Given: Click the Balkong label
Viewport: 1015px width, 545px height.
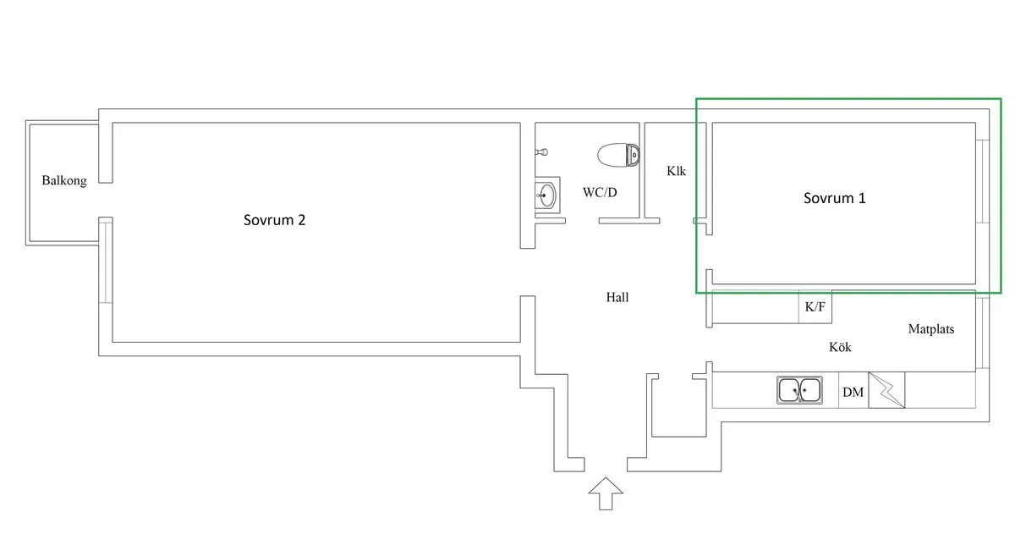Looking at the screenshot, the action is click(64, 181).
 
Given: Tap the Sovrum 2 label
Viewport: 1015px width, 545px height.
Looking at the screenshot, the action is click(275, 220).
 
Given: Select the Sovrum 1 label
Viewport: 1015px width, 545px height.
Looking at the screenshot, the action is click(835, 198).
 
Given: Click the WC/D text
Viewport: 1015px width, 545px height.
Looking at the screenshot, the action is click(600, 193).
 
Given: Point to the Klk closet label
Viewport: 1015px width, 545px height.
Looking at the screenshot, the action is click(676, 171).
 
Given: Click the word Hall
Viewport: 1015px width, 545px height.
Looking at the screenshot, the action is click(617, 297).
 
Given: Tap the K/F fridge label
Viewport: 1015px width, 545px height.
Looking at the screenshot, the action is click(815, 307).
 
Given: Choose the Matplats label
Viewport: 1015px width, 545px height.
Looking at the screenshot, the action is click(931, 329).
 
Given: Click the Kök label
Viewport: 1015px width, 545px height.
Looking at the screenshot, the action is click(840, 347).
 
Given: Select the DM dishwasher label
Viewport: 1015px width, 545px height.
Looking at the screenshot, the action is click(853, 392).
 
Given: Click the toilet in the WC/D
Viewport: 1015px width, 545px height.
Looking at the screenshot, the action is click(618, 155).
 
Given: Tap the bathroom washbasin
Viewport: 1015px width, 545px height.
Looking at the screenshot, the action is click(547, 195).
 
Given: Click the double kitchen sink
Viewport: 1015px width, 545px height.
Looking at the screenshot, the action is click(800, 390).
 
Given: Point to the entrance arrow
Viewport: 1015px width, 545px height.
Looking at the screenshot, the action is click(606, 493).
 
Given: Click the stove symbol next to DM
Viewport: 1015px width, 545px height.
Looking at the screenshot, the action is click(886, 390).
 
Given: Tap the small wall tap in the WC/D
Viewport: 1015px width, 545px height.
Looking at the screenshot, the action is click(541, 151).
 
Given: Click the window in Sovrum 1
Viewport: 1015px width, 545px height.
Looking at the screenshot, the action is click(982, 181).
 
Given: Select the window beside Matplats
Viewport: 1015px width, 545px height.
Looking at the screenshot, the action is click(982, 333).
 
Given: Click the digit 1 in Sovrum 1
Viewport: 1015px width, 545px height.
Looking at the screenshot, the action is click(862, 198).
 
